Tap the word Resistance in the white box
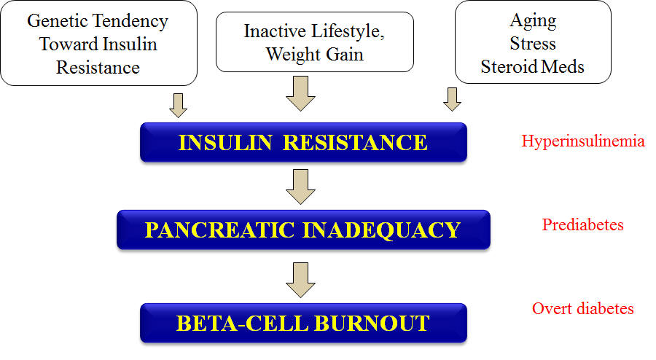98,67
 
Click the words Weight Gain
315,55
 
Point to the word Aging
533,21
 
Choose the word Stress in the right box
533,44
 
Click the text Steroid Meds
532,67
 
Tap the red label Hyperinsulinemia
583,141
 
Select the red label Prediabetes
583,225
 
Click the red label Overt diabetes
583,308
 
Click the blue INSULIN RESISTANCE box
303,142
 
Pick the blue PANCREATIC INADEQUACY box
303,230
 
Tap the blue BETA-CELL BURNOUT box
303,324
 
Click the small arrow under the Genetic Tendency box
179,106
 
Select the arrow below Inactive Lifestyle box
300,93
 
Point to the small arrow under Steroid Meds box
452,100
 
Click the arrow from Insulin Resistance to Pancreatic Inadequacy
300,187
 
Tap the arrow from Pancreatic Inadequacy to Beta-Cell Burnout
300,280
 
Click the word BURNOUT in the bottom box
372,324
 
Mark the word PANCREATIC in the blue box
220,230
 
